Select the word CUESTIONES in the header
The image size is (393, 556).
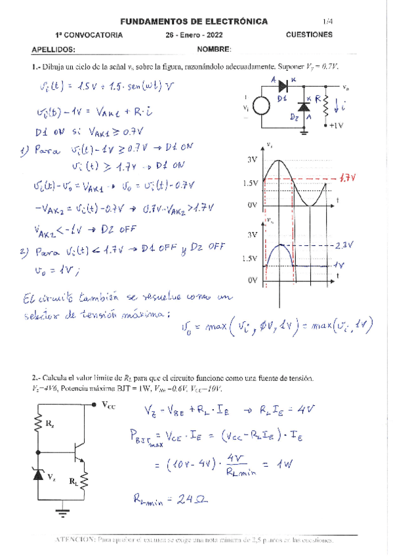click(309, 35)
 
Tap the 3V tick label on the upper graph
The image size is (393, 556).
click(252, 159)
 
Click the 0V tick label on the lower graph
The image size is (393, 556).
click(252, 280)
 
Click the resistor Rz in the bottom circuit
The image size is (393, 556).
click(37, 425)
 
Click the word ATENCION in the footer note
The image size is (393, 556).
click(74, 540)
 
